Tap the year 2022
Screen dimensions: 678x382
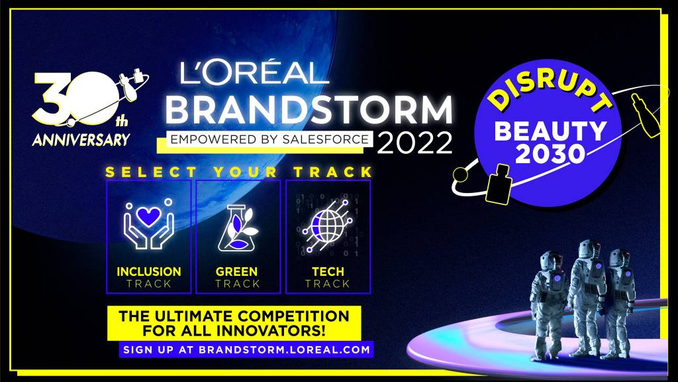point(414,143)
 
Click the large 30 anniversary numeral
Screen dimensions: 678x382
point(75,99)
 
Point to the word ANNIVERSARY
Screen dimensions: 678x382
point(81,139)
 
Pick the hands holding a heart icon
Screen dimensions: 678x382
point(148,224)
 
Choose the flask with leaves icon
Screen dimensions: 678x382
point(238,228)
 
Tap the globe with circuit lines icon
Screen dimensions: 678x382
point(327,225)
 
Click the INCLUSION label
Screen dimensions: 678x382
point(149,271)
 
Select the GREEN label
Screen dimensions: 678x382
point(236,271)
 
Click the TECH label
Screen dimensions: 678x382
point(328,271)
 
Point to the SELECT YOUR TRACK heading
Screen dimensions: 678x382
point(239,172)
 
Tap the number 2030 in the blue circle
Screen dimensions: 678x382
point(550,154)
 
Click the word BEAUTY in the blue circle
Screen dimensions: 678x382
point(550,131)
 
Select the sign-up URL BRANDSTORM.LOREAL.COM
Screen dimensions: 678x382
point(285,350)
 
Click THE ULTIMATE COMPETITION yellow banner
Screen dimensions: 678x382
point(234,323)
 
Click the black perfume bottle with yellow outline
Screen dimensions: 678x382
point(498,184)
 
